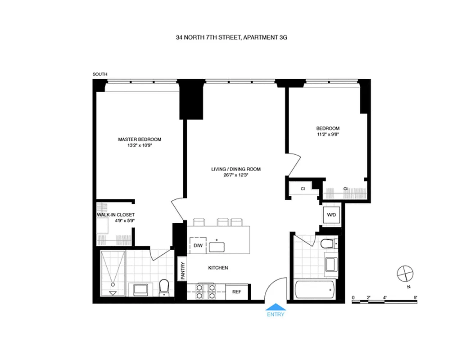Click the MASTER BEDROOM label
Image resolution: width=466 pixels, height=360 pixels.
click(x=140, y=139)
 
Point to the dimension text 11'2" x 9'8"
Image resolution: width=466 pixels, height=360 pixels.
click(x=328, y=134)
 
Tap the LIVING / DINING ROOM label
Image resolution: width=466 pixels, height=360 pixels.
click(x=236, y=169)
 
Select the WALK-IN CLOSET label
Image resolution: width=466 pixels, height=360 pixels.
click(x=116, y=215)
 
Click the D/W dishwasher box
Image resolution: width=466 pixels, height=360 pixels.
click(x=198, y=245)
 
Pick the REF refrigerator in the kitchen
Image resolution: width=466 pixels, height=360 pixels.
click(x=236, y=292)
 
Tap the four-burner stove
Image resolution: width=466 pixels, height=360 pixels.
click(x=206, y=291)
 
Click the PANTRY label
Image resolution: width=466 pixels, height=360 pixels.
click(x=183, y=271)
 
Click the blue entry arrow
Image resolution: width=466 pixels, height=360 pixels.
click(x=276, y=308)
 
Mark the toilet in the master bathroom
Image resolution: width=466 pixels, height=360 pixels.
click(x=164, y=287)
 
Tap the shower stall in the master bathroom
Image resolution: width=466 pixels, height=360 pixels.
click(x=113, y=273)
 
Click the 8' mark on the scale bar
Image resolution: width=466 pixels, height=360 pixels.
click(x=415, y=297)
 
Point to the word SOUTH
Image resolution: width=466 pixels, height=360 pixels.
click(x=100, y=74)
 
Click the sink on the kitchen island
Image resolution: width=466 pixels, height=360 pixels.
click(x=219, y=246)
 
